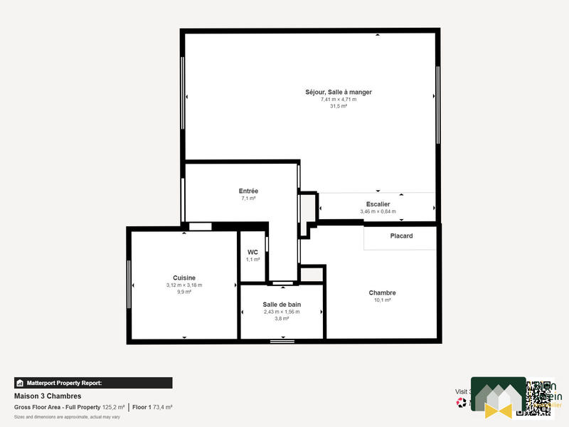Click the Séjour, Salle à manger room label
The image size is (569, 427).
point(339,92)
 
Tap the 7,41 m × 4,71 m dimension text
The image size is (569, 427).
point(339,99)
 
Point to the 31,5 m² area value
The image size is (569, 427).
point(339,106)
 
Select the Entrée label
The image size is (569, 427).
point(248,191)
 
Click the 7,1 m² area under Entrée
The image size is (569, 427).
point(248,199)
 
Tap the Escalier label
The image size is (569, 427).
point(378,204)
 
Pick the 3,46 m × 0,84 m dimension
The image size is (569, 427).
point(378,211)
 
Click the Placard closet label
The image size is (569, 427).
point(401,236)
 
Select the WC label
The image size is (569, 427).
point(252,252)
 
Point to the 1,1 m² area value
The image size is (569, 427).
point(252,260)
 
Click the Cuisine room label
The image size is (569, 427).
point(184,278)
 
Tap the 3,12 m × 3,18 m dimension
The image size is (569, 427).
point(184,285)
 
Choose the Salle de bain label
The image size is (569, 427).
point(282,305)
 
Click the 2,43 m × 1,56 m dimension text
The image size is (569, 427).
point(282,312)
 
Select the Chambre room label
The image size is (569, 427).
point(382,292)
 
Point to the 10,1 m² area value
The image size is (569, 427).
point(382,300)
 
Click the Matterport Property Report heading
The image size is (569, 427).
point(64,383)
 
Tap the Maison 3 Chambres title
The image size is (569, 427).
point(48,396)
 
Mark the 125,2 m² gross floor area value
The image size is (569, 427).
point(113,407)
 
